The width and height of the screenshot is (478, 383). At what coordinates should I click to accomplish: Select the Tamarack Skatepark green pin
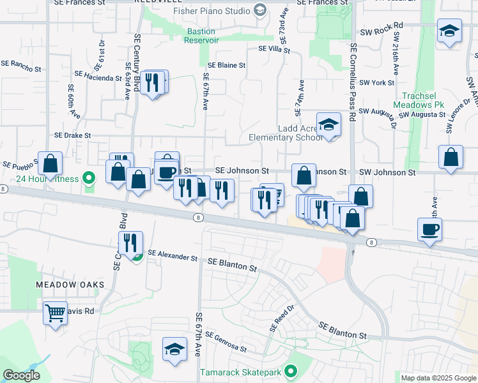point(291,371)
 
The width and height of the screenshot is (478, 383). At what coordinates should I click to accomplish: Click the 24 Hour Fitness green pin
point(90,179)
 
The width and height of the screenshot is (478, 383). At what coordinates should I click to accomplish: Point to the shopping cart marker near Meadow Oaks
point(56,313)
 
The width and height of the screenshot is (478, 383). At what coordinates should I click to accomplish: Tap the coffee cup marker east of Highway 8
point(429,229)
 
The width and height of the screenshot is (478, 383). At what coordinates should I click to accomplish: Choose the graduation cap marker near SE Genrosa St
point(174,349)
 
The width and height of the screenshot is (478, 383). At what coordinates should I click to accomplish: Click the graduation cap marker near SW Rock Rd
point(449,31)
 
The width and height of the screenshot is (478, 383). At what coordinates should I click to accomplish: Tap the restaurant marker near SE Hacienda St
point(152,82)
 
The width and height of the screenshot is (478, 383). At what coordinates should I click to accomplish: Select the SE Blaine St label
point(227,66)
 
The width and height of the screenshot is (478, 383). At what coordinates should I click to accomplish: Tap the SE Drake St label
point(73,135)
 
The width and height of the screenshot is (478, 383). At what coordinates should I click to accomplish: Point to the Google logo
point(22,375)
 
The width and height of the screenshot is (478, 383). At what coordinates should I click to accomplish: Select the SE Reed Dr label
point(281,317)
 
